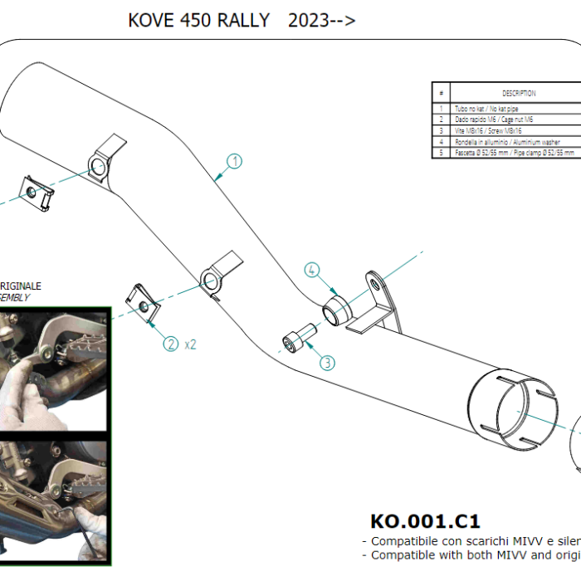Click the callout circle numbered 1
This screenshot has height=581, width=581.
point(235,162)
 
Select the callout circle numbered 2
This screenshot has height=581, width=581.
point(171,343)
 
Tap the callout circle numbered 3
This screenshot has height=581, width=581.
point(326,363)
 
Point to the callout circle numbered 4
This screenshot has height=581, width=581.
point(311,270)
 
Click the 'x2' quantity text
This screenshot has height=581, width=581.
point(190,343)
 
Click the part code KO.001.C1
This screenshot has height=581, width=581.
point(424,521)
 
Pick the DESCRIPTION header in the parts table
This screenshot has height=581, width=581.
point(519,93)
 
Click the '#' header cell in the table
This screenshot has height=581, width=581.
point(442,93)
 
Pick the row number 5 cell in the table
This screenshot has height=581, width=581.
point(442,153)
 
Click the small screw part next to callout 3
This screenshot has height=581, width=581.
point(298,338)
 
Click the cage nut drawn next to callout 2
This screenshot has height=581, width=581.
point(143,303)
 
